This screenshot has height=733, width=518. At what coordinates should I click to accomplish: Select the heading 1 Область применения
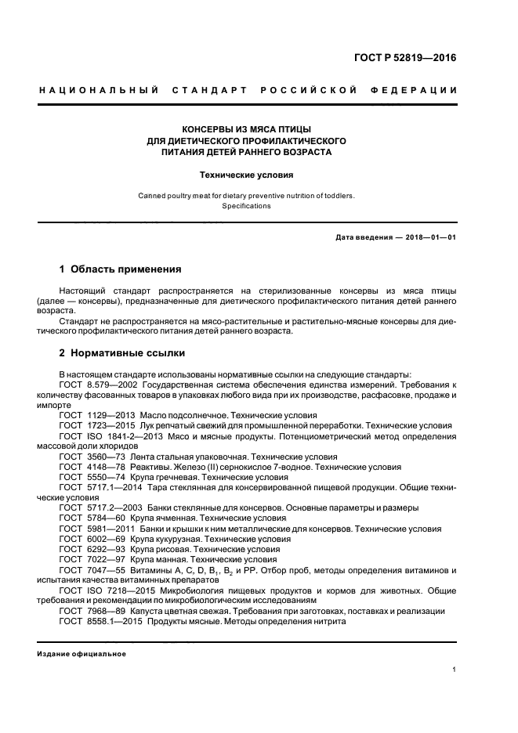pyautogui.click(x=121, y=269)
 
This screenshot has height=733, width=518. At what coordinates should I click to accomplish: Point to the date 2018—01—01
pyautogui.click(x=429, y=237)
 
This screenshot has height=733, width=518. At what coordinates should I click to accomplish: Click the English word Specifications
pyautogui.click(x=246, y=206)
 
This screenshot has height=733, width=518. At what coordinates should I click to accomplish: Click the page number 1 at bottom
pyautogui.click(x=455, y=670)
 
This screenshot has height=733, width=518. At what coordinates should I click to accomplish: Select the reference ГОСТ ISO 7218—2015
pyautogui.click(x=107, y=590)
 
